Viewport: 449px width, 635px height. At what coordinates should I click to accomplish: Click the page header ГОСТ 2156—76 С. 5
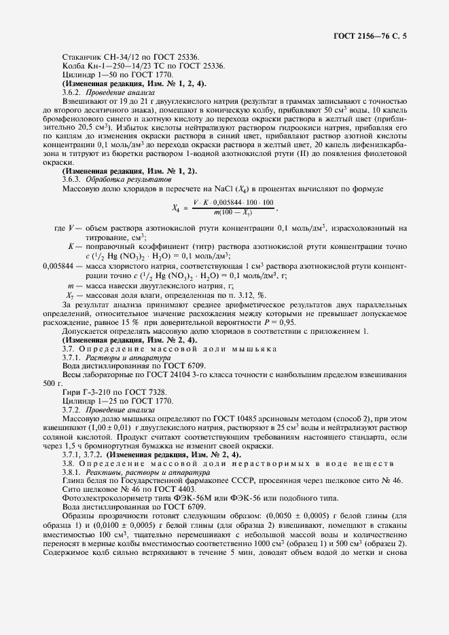(374, 34)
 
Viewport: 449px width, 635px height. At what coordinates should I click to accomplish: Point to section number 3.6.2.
(72, 91)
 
